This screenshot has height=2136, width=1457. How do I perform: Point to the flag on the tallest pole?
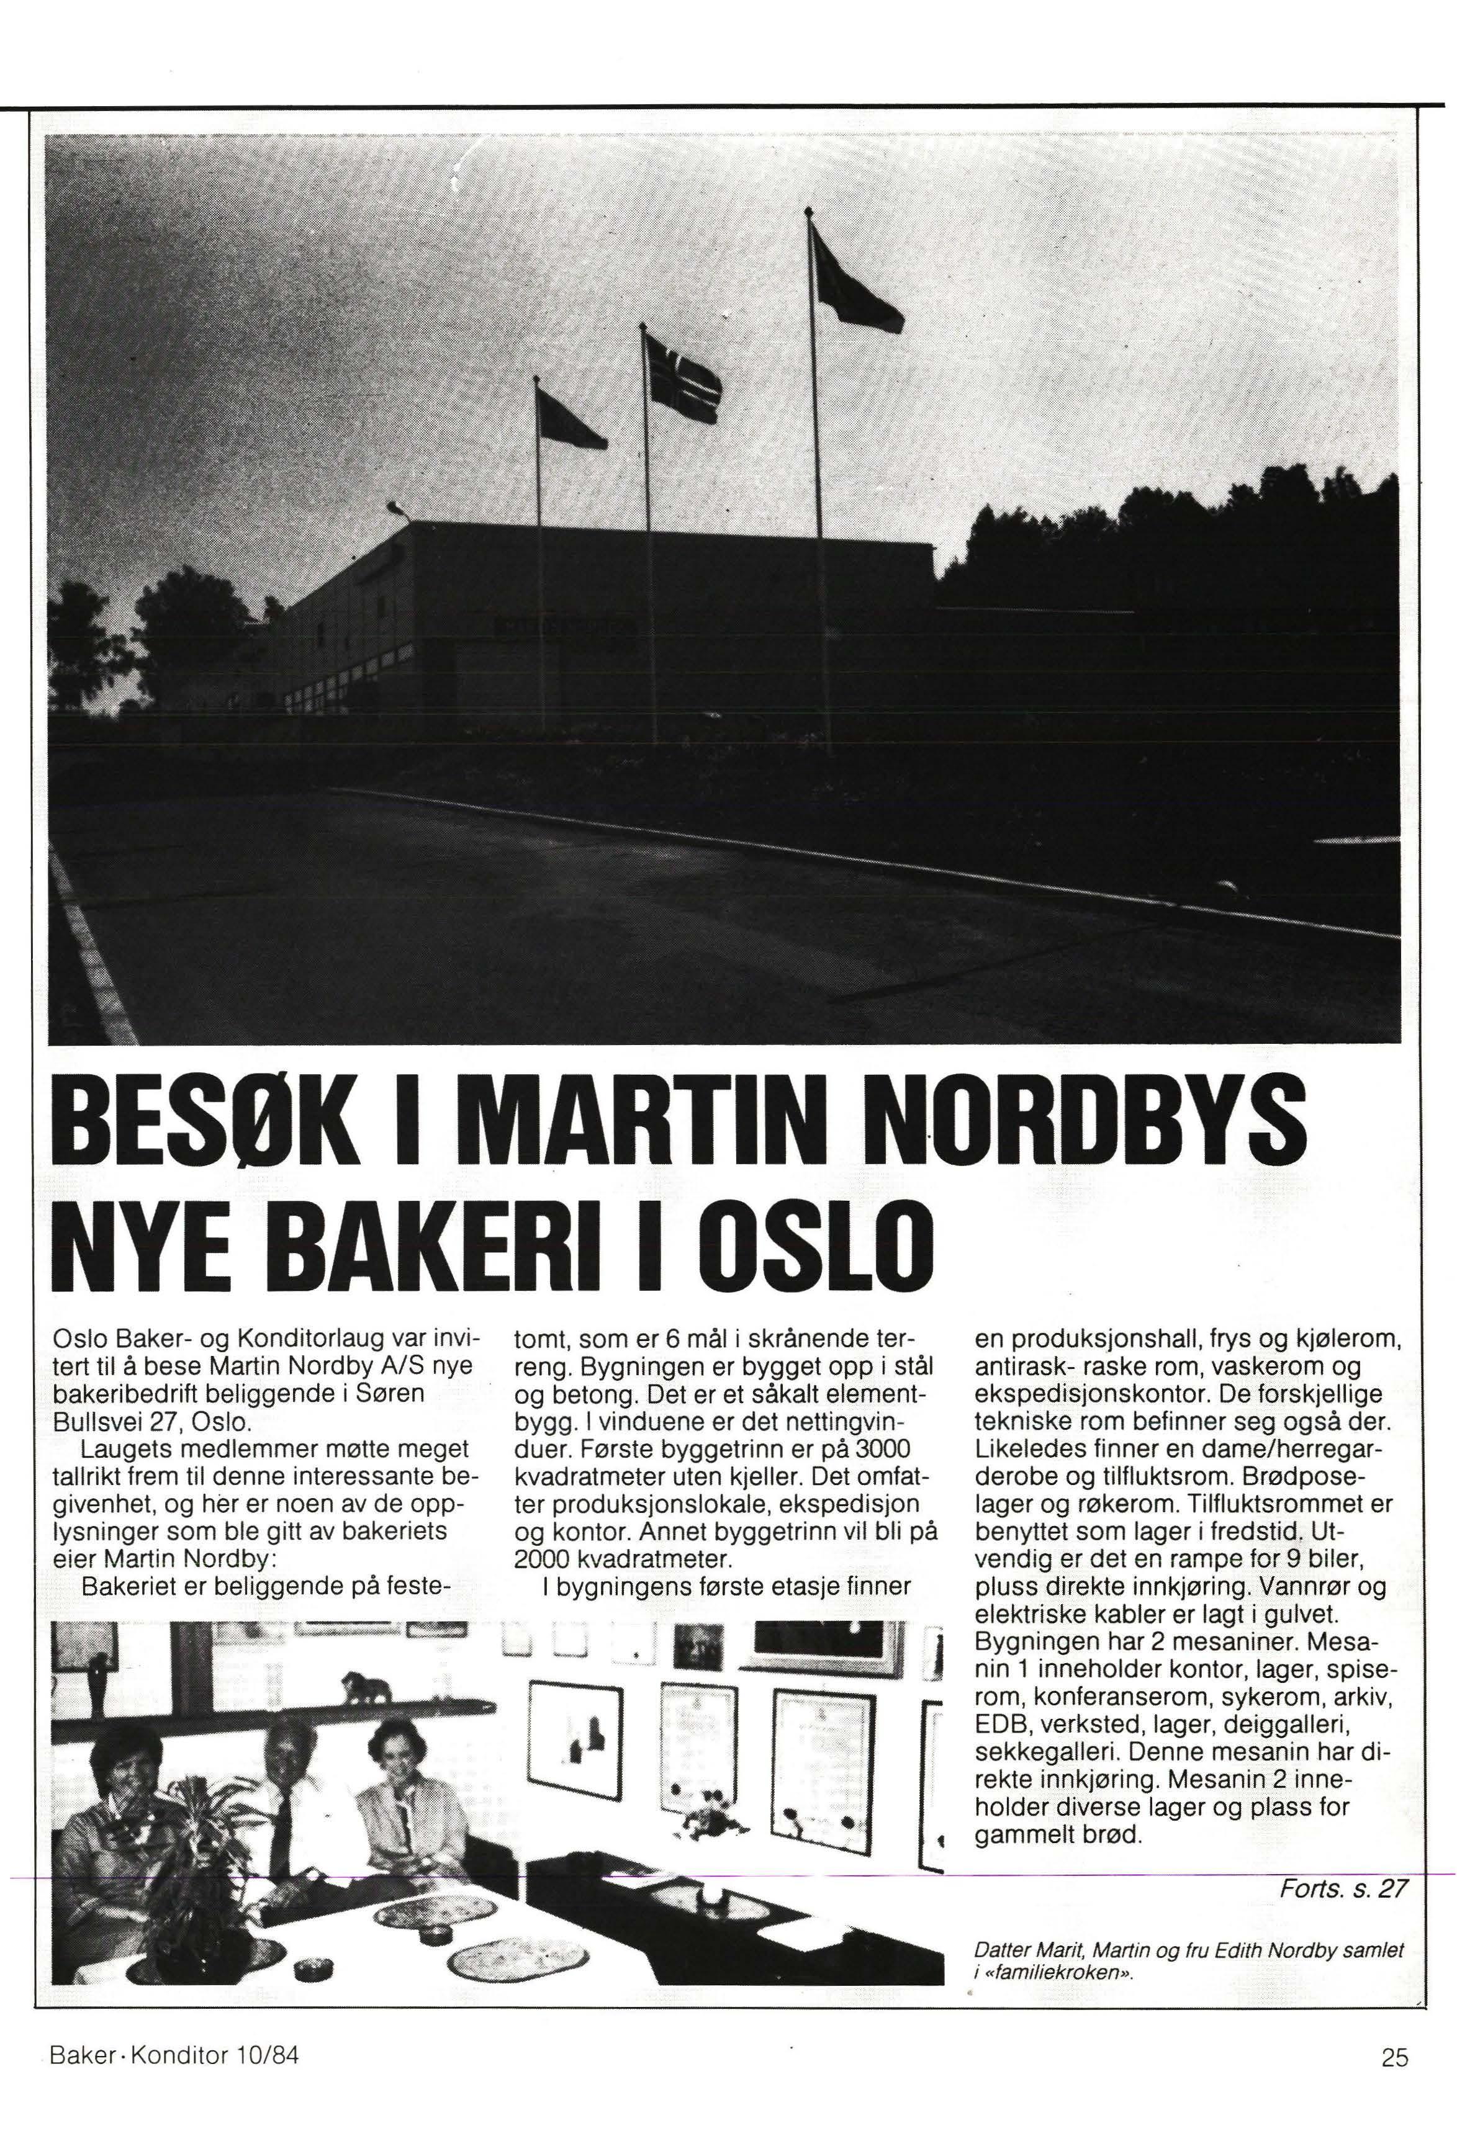857,284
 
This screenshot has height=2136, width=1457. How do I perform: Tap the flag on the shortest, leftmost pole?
569,418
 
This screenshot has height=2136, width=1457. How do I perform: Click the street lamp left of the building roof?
394,508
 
